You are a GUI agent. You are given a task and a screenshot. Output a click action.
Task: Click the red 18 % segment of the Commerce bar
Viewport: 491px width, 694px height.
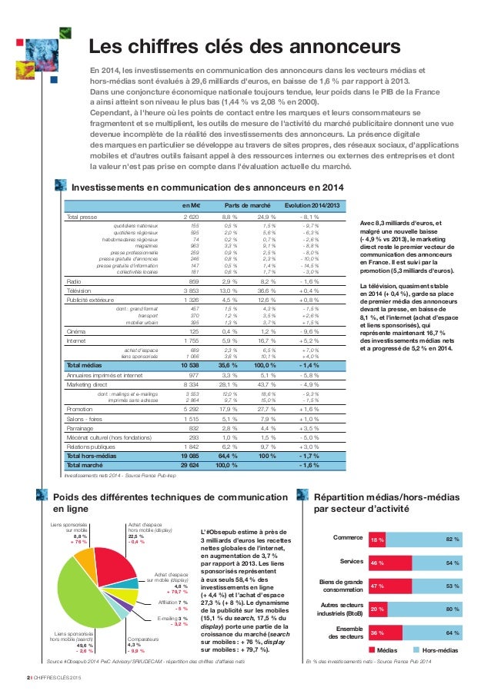click(378, 541)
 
